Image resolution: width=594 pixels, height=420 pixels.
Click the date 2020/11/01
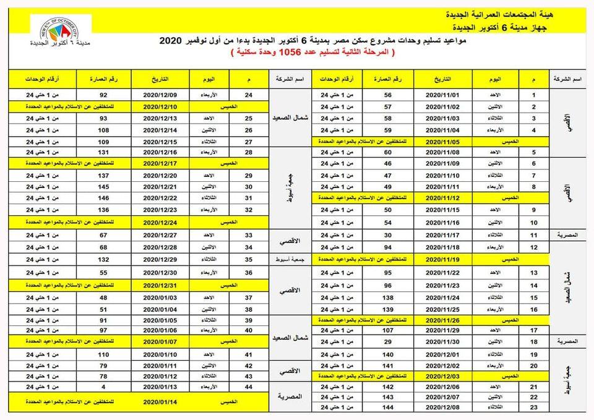pyautogui.click(x=443, y=96)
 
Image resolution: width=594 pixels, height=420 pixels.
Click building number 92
pyautogui.click(x=104, y=96)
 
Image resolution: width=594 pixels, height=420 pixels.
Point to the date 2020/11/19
pyautogui.click(x=443, y=258)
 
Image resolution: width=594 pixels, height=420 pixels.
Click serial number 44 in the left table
pyautogui.click(x=249, y=386)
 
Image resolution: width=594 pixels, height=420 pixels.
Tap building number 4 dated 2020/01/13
pyautogui.click(x=104, y=386)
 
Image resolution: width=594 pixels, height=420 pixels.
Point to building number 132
pyautogui.click(x=104, y=259)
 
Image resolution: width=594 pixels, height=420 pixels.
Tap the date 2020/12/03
pyautogui.click(x=443, y=375)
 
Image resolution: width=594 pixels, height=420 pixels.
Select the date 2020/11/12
pyautogui.click(x=443, y=198)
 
